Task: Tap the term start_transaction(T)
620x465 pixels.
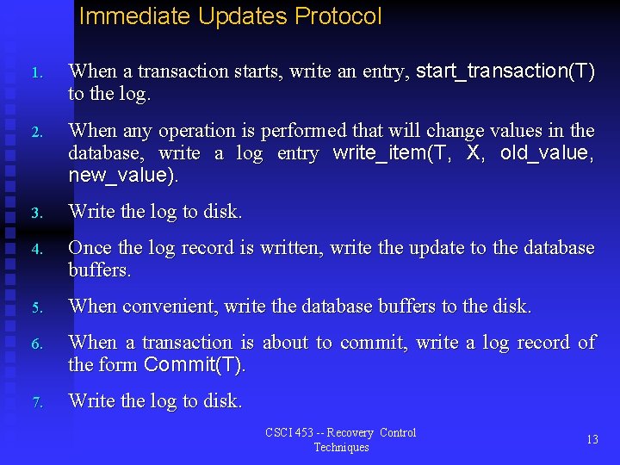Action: pos(505,71)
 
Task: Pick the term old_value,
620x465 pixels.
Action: pos(547,153)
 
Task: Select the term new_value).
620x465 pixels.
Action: pos(124,176)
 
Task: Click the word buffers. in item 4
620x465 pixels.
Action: pos(100,270)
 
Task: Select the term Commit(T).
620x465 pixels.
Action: pos(195,365)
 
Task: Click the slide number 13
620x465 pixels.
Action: pos(592,439)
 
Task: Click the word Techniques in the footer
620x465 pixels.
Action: pos(341,447)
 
